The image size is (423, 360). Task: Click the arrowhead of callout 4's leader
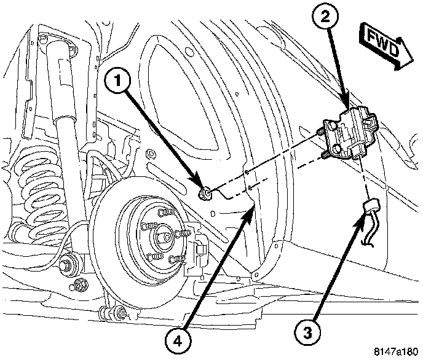(252, 208)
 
